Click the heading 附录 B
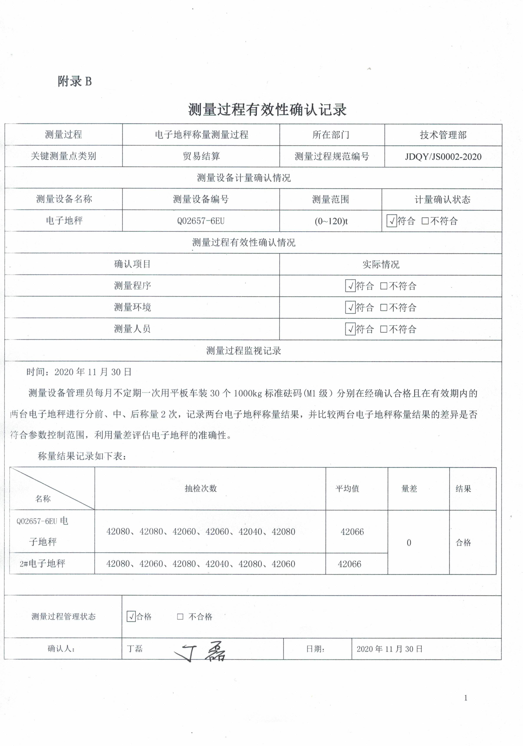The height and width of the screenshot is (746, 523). (x=75, y=81)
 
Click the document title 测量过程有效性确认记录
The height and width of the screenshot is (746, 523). (x=267, y=109)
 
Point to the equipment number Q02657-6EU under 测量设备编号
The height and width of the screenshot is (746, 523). (x=201, y=221)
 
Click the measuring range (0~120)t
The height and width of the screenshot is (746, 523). (x=331, y=221)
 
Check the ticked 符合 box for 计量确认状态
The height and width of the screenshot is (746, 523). (x=391, y=221)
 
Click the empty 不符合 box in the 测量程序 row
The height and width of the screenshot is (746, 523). (x=384, y=286)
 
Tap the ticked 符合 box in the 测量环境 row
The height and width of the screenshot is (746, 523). (x=350, y=307)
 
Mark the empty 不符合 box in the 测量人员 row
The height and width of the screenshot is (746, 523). (x=384, y=329)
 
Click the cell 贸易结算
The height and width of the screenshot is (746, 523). (x=201, y=156)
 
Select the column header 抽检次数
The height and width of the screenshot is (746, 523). (x=201, y=488)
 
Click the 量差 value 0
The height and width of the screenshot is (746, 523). (x=409, y=543)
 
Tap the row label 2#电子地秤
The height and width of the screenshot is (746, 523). (x=42, y=563)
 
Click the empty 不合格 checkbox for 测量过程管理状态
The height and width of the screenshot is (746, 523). (x=180, y=616)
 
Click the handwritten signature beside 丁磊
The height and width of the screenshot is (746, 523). (x=201, y=651)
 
